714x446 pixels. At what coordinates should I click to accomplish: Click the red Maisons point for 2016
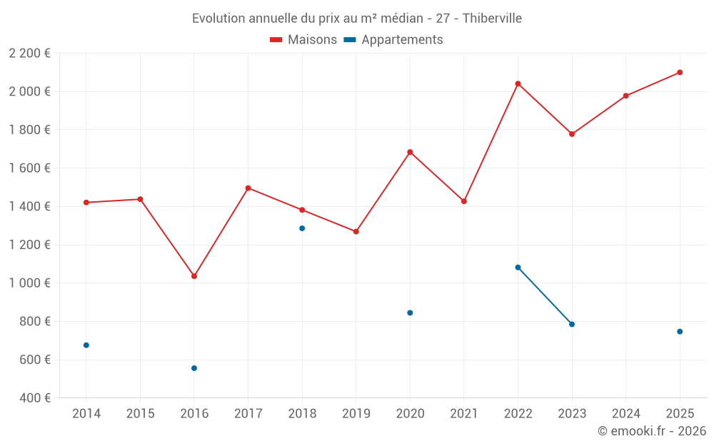coord(194,276)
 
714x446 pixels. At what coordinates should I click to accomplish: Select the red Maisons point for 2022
coord(518,83)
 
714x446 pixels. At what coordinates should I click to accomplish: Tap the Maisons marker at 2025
coord(680,72)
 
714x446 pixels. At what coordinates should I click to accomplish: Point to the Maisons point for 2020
coord(410,152)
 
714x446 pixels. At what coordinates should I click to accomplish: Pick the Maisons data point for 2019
coord(356,231)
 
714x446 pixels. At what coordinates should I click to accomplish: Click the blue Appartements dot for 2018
coord(302,228)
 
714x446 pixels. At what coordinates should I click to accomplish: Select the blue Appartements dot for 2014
coord(86,345)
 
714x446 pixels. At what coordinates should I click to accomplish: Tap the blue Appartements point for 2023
coord(572,325)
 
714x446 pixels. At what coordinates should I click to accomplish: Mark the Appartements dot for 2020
coord(410,313)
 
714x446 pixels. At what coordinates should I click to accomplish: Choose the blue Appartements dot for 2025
coord(680,332)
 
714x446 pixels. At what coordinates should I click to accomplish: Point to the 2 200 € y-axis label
coord(30,54)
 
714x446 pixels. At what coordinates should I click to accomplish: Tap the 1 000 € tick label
coord(30,283)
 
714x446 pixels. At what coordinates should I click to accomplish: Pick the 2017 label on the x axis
coord(248,414)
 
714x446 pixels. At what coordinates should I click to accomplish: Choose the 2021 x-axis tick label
coord(464,414)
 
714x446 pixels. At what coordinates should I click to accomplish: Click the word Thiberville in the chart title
coord(492,19)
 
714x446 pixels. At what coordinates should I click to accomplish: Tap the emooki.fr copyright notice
coord(652,431)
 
